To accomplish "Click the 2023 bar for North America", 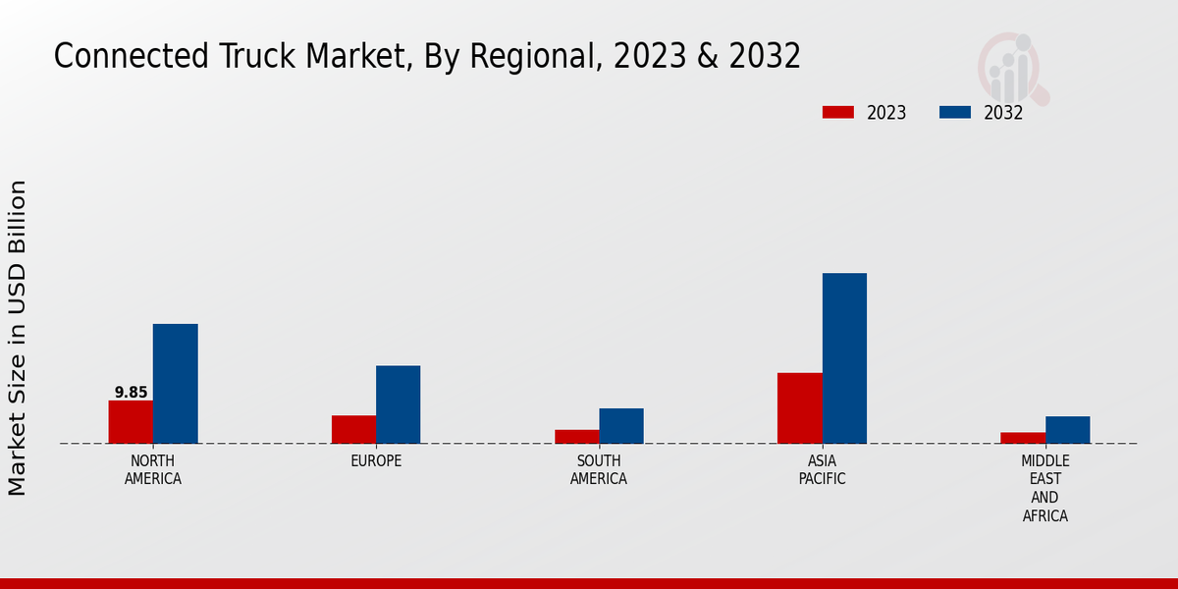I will pyautogui.click(x=131, y=422).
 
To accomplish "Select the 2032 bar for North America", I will pyautogui.click(x=175, y=384).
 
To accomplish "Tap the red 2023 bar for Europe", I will pyautogui.click(x=353, y=430).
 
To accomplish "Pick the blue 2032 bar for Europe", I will pyautogui.click(x=398, y=404).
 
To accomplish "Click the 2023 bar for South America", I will pyautogui.click(x=576, y=437).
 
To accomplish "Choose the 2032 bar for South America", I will pyautogui.click(x=621, y=426).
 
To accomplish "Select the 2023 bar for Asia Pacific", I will pyautogui.click(x=799, y=408).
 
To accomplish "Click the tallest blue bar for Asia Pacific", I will pyautogui.click(x=844, y=358).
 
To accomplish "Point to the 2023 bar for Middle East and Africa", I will pyautogui.click(x=1023, y=438).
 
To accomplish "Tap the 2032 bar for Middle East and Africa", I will pyautogui.click(x=1067, y=430).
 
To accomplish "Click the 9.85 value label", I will pyautogui.click(x=131, y=393).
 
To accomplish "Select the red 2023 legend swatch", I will pyautogui.click(x=837, y=113).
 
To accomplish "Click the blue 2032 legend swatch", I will pyautogui.click(x=954, y=113).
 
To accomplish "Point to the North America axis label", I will pyautogui.click(x=152, y=470).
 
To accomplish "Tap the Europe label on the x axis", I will pyautogui.click(x=376, y=461).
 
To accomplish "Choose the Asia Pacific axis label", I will pyautogui.click(x=822, y=470).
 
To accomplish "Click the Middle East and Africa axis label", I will pyautogui.click(x=1044, y=488).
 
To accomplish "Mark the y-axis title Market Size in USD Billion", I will pyautogui.click(x=18, y=338).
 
